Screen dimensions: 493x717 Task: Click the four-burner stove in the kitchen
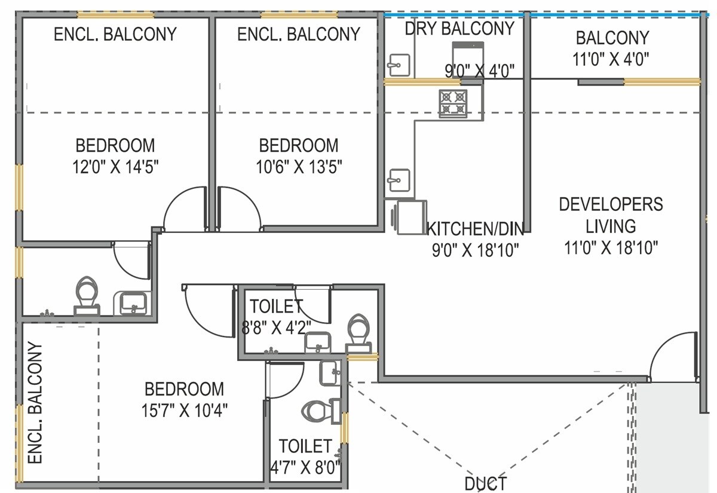453,103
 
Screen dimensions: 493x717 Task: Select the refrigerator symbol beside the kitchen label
409,216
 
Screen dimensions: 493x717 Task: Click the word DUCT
485,483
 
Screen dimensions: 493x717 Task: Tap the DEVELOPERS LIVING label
611,215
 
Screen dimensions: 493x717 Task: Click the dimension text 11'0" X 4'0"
612,59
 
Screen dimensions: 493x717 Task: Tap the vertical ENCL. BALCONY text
36,403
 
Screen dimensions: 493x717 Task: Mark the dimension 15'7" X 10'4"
185,410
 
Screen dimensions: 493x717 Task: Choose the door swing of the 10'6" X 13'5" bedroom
239,209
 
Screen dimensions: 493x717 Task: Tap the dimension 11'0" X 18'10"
611,247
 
